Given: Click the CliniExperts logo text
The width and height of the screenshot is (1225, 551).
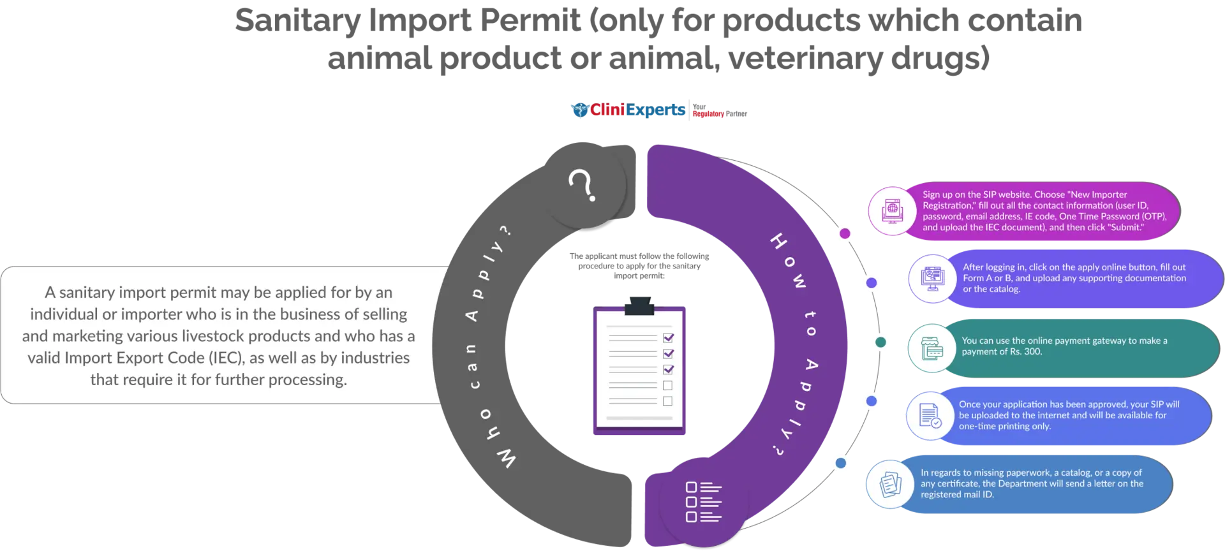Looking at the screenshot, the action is pyautogui.click(x=637, y=110).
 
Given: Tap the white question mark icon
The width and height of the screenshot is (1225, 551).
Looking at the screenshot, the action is pyautogui.click(x=582, y=186).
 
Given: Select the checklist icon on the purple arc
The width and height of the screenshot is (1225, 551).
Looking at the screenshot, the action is pyautogui.click(x=703, y=501).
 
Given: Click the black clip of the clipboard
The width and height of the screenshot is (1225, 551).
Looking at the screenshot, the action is pyautogui.click(x=639, y=306).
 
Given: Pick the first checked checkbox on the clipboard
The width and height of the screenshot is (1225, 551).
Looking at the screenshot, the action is pyautogui.click(x=668, y=338).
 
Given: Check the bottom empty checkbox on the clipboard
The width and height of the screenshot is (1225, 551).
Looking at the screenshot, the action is pyautogui.click(x=667, y=401).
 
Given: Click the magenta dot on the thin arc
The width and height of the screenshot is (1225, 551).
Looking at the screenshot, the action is pyautogui.click(x=845, y=233).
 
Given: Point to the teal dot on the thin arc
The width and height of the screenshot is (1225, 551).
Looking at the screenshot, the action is pyautogui.click(x=880, y=342).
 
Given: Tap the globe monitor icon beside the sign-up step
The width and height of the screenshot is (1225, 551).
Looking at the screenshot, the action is pyautogui.click(x=893, y=210).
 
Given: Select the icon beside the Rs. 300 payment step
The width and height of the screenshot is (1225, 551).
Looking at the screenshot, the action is pyautogui.click(x=932, y=348).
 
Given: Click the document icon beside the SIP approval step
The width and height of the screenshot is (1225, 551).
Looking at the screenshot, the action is pyautogui.click(x=930, y=416).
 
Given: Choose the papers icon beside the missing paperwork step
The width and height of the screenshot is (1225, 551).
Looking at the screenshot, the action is pyautogui.click(x=890, y=484).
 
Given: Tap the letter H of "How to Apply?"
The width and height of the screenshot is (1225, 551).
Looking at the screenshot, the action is pyautogui.click(x=778, y=242).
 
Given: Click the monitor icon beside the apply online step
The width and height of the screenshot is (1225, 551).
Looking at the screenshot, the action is pyautogui.click(x=932, y=279).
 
